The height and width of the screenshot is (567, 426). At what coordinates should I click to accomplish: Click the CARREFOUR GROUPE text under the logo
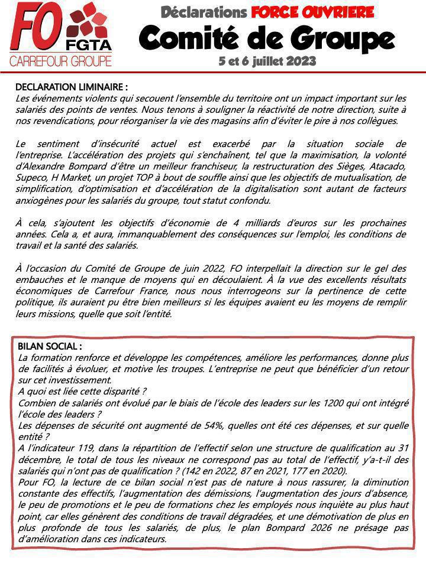tap(60, 61)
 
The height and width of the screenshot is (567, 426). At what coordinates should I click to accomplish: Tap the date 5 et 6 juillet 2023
tap(267, 61)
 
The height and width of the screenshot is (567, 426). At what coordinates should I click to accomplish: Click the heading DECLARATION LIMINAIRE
tap(71, 87)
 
